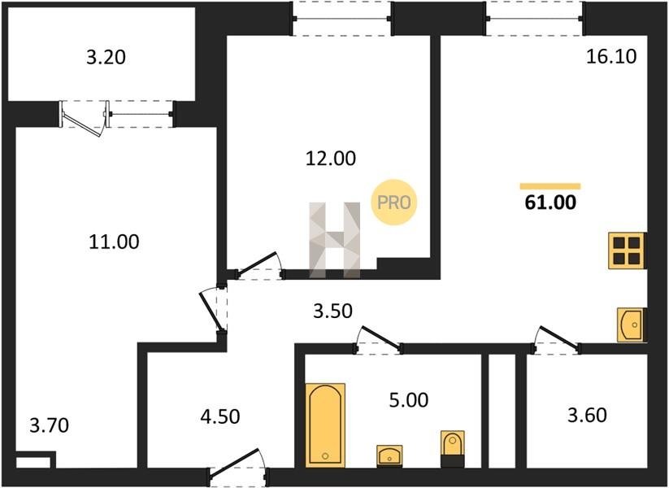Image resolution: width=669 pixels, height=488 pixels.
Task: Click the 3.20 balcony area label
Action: pos(106,57)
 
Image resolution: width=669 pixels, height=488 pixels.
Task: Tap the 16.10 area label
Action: pos(611,56)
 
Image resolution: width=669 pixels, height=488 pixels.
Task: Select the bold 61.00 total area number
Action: pos(550,202)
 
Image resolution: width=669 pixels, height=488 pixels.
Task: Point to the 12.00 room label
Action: pos(331,159)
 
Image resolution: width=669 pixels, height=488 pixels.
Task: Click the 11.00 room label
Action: pos(114,242)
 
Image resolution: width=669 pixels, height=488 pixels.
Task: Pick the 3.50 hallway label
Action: pos(332,312)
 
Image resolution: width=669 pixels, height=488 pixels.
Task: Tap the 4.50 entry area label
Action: pos(220,416)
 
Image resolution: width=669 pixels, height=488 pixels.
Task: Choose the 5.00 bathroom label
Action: pos(409,400)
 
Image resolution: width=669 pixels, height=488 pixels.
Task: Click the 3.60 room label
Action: pos(587,415)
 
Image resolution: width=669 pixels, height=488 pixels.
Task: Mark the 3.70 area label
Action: pos(49,425)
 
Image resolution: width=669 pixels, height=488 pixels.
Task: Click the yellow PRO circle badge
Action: pos(393,202)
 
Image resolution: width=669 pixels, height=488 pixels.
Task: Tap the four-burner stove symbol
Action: pos(628,251)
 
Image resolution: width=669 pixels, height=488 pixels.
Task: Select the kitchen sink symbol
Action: pos(632,325)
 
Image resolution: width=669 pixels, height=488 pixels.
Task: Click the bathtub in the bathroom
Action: pos(325,425)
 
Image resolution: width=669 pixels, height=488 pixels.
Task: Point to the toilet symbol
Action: pos(453,448)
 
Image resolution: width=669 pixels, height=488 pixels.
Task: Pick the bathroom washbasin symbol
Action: pos(389,456)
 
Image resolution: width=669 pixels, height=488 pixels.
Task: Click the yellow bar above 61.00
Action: pos(550,185)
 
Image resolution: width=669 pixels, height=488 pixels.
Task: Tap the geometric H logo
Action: pos(335,240)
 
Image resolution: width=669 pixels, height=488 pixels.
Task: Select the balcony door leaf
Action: pos(83,124)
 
